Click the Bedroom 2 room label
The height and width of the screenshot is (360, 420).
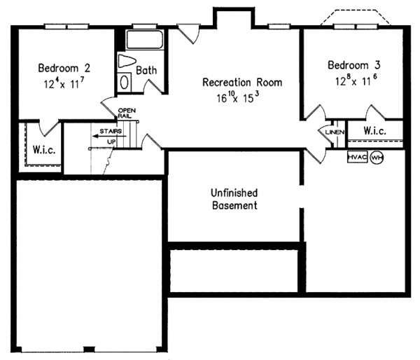[x=63, y=69]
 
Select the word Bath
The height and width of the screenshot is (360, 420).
[x=146, y=70]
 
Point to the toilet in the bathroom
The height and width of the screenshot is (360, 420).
[x=127, y=62]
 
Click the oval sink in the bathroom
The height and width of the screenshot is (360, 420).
[x=125, y=82]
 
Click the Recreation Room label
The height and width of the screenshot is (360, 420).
[x=242, y=83]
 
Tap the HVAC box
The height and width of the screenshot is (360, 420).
[x=357, y=158]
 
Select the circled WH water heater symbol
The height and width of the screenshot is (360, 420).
[x=377, y=158]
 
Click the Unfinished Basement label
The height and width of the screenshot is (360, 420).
[x=234, y=199]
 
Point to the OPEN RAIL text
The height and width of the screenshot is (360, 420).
[x=126, y=113]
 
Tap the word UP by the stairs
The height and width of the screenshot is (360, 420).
[x=111, y=143]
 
